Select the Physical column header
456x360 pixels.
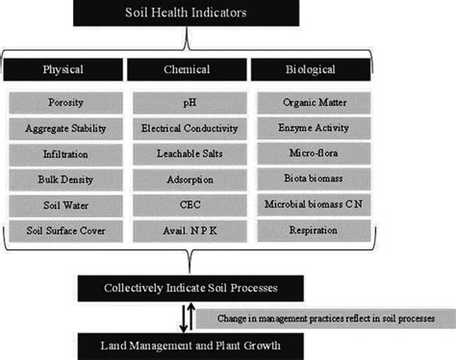[x=63, y=69]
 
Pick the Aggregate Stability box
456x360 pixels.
[x=63, y=127]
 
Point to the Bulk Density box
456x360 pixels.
[x=63, y=178]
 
